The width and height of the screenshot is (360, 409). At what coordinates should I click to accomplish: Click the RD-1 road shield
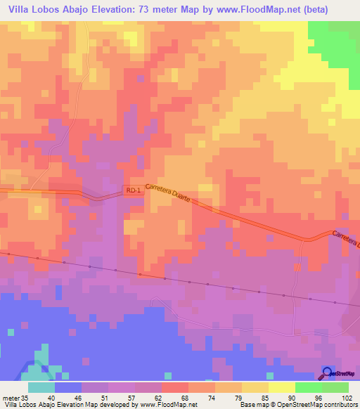pos(132,190)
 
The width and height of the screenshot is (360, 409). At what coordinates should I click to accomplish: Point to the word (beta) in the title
pos(333,8)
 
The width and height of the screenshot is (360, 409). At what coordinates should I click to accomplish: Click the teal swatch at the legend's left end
pos(41,387)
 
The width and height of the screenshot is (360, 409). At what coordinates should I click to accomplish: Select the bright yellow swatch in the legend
pos(281,387)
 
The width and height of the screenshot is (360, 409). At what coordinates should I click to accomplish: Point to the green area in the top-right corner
pos(337,42)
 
